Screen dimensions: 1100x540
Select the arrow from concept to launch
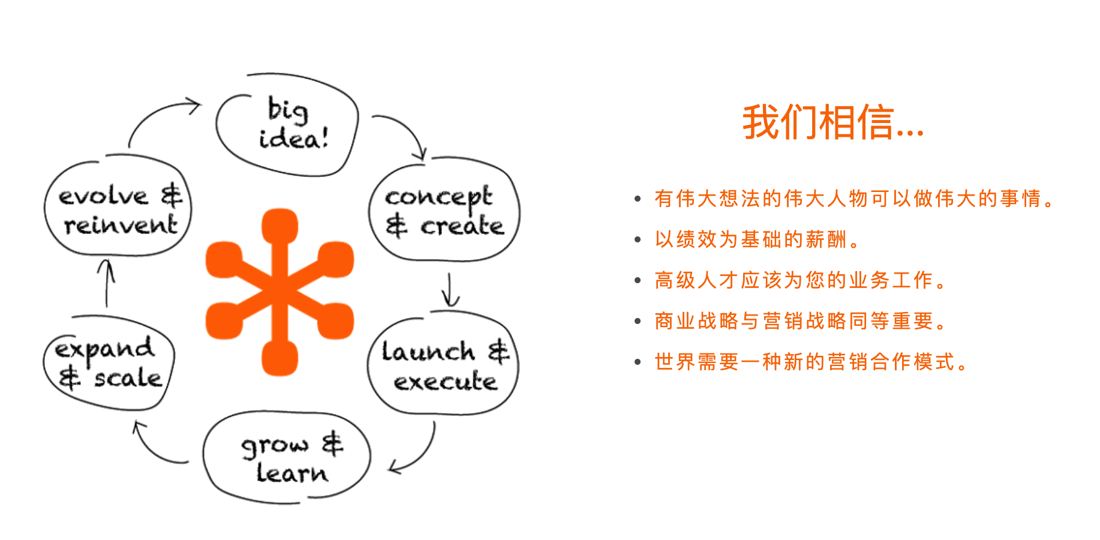click(450, 290)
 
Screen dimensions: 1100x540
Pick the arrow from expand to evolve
click(107, 283)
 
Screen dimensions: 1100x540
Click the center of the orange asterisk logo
click(279, 292)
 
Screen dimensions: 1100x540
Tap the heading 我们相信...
click(833, 122)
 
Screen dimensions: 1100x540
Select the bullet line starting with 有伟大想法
click(854, 199)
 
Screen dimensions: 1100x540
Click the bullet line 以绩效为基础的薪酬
click(757, 239)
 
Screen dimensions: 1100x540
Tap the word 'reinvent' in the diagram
click(121, 225)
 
